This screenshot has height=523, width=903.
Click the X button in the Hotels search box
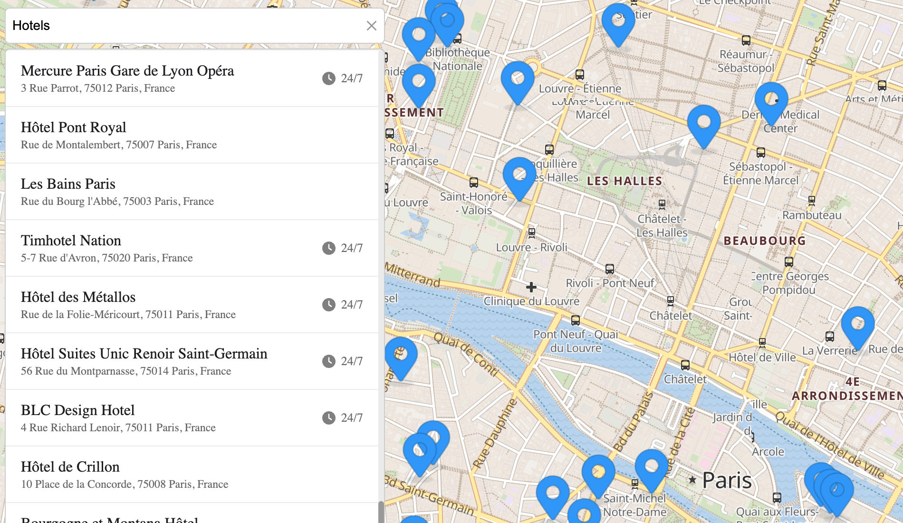[371, 26]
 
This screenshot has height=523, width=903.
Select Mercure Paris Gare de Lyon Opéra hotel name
[127, 71]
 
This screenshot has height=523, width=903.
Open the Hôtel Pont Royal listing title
[74, 127]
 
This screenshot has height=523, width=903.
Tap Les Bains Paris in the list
[68, 184]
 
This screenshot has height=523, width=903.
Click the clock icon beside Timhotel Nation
[328, 248]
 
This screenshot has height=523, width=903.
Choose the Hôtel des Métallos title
[78, 297]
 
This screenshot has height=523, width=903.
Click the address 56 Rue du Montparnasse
[126, 371]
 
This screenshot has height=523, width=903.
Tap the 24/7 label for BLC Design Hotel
[352, 418]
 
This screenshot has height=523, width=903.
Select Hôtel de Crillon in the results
[70, 467]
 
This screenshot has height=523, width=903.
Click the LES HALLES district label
[624, 181]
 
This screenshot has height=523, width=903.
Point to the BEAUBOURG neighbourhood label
[765, 241]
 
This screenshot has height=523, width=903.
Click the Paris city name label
[727, 481]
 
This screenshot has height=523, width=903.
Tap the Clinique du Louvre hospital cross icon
[531, 287]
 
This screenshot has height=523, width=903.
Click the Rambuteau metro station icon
[812, 200]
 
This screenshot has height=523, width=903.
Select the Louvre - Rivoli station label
[532, 247]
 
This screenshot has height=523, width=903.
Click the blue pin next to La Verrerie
[858, 325]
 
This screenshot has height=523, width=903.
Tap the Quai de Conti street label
[466, 354]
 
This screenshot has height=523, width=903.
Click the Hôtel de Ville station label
[762, 358]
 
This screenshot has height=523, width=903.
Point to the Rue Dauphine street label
[495, 433]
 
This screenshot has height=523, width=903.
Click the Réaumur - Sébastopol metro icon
[746, 40]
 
